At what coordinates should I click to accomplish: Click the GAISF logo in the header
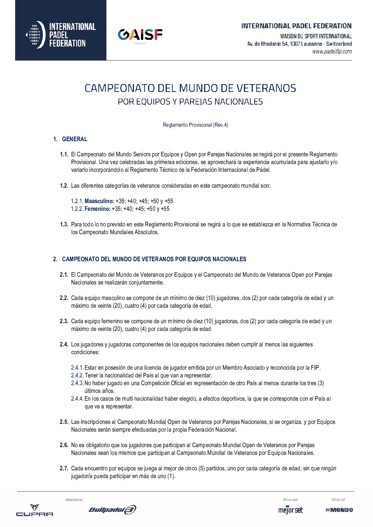click(x=140, y=35)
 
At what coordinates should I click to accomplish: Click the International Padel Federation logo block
click(x=61, y=35)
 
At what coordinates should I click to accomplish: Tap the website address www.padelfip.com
click(x=332, y=52)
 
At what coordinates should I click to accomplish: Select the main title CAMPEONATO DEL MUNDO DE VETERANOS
click(x=190, y=88)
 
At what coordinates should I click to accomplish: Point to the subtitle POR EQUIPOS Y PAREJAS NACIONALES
click(x=190, y=102)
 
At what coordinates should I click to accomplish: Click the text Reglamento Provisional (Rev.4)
click(x=195, y=125)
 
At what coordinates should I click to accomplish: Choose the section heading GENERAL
click(x=74, y=139)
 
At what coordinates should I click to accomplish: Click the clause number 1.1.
click(x=64, y=154)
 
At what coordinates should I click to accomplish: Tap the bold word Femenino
click(x=97, y=209)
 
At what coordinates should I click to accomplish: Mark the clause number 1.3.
click(x=64, y=224)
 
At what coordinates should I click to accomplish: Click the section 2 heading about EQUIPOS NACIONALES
click(x=154, y=259)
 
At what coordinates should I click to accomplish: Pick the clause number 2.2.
click(x=64, y=298)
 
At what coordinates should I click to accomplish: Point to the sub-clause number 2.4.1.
click(x=77, y=368)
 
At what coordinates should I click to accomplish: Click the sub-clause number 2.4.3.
click(x=77, y=383)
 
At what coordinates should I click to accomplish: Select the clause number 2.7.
click(x=64, y=468)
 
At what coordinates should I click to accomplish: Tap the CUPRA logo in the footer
click(x=35, y=510)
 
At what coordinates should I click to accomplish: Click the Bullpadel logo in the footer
click(x=112, y=509)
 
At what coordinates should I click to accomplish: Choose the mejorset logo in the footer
click(x=291, y=510)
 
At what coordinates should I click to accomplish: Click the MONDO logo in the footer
click(x=339, y=510)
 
